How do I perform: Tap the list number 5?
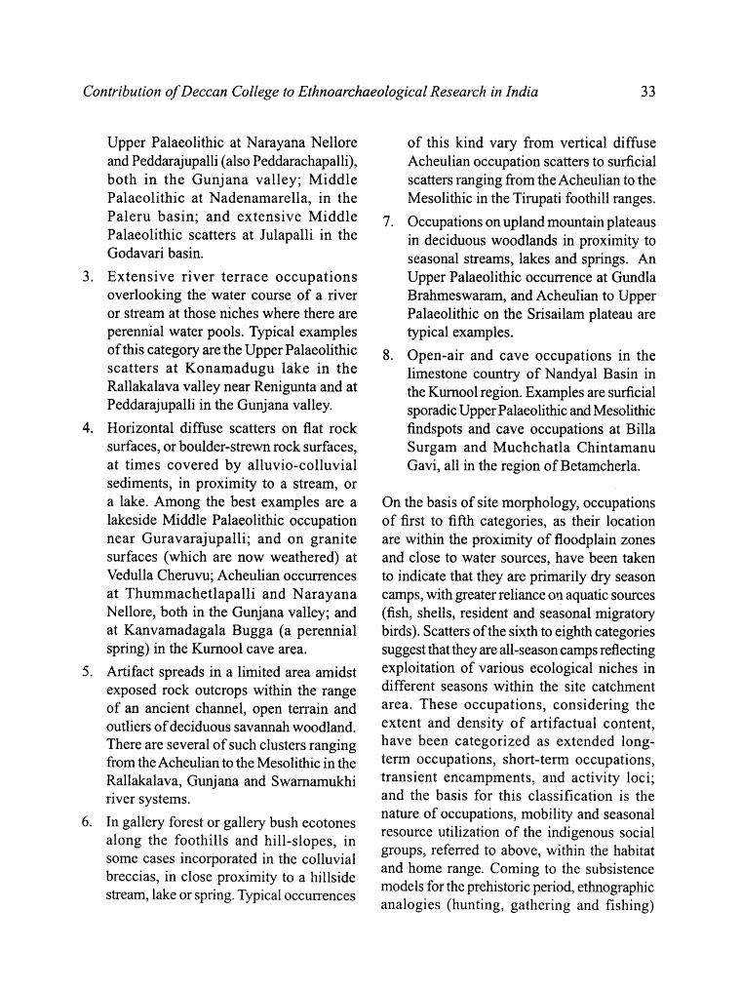[x=87, y=672]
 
